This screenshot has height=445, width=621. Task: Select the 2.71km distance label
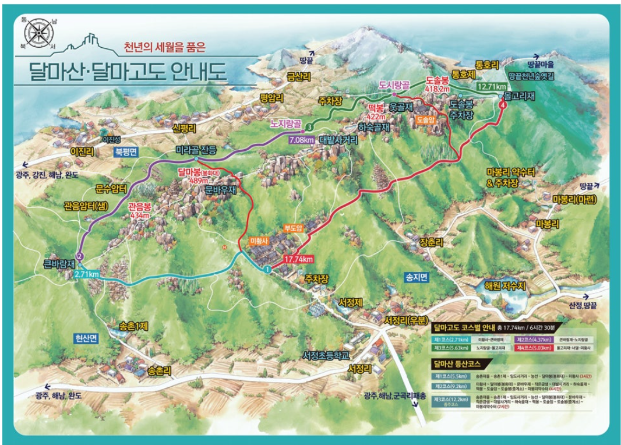(86, 273)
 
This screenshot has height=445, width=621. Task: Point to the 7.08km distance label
(302, 140)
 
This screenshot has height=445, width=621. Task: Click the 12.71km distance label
(491, 86)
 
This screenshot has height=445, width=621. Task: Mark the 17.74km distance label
(299, 258)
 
